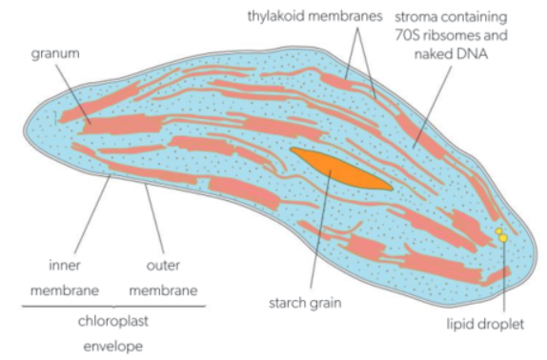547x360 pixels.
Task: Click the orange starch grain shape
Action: tap(338, 168)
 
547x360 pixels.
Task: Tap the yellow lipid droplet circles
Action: tap(500, 233)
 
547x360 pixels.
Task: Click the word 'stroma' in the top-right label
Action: tap(433, 16)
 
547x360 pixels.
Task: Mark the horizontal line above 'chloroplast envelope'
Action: tap(111, 306)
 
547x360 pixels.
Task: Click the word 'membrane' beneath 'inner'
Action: tap(65, 290)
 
